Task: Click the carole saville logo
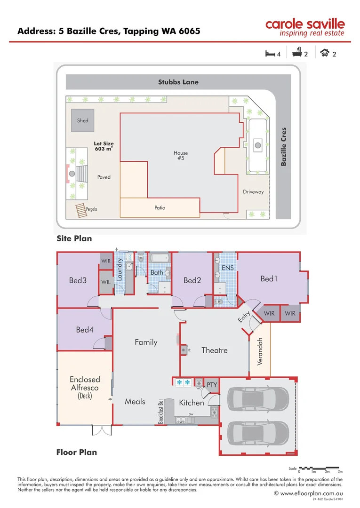click(304, 27)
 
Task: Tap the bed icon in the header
click(270, 54)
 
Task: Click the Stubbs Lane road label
click(178, 82)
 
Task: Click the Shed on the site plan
click(83, 120)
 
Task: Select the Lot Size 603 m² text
click(104, 146)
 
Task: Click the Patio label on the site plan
click(160, 207)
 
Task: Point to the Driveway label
click(253, 192)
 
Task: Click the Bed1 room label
click(269, 279)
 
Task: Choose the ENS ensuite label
click(228, 268)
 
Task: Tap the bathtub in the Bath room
click(159, 258)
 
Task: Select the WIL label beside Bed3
click(106, 282)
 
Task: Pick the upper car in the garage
click(258, 399)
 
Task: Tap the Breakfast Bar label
click(161, 410)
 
